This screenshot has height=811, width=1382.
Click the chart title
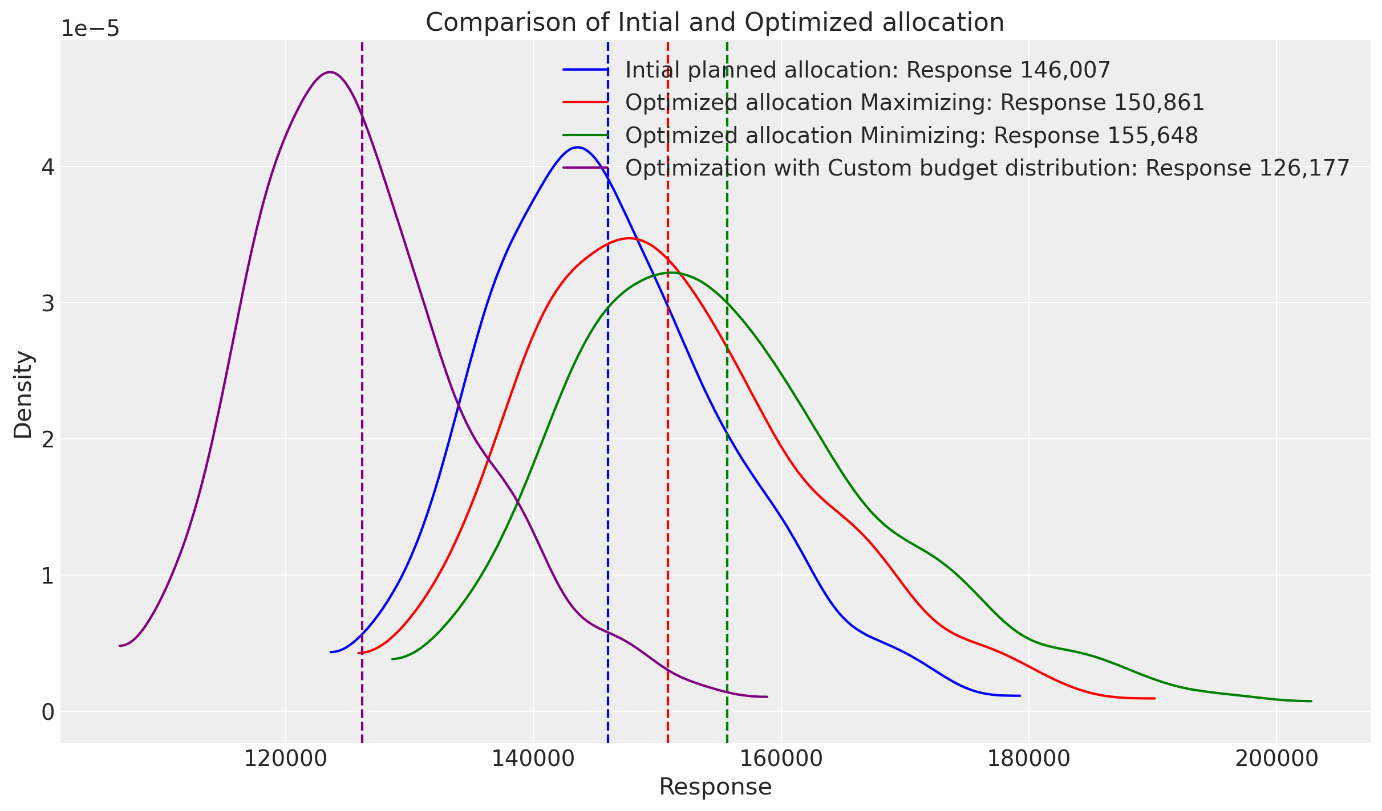click(x=715, y=23)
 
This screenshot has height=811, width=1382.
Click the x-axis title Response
click(x=715, y=787)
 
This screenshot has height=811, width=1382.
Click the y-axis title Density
click(x=24, y=394)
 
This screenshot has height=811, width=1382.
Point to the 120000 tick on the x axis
click(x=286, y=760)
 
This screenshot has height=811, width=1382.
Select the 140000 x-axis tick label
click(x=533, y=760)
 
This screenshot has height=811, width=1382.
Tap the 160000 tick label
click(x=781, y=760)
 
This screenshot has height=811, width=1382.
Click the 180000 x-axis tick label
click(x=1028, y=760)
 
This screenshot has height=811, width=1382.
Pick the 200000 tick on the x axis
click(x=1276, y=760)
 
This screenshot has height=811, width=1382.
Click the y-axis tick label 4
click(x=47, y=168)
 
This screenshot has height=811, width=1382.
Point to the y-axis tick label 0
click(x=47, y=712)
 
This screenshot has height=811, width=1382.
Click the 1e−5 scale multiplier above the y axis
click(x=90, y=28)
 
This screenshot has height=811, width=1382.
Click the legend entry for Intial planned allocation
click(x=868, y=70)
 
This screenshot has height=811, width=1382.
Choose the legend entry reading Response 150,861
click(x=914, y=103)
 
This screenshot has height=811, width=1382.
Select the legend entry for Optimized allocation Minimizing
click(x=911, y=136)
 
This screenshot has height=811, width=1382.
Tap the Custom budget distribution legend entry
click(x=987, y=168)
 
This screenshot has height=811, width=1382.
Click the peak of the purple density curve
click(x=330, y=72)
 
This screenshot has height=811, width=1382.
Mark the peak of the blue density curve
click(x=578, y=147)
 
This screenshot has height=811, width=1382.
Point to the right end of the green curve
click(x=1311, y=701)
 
